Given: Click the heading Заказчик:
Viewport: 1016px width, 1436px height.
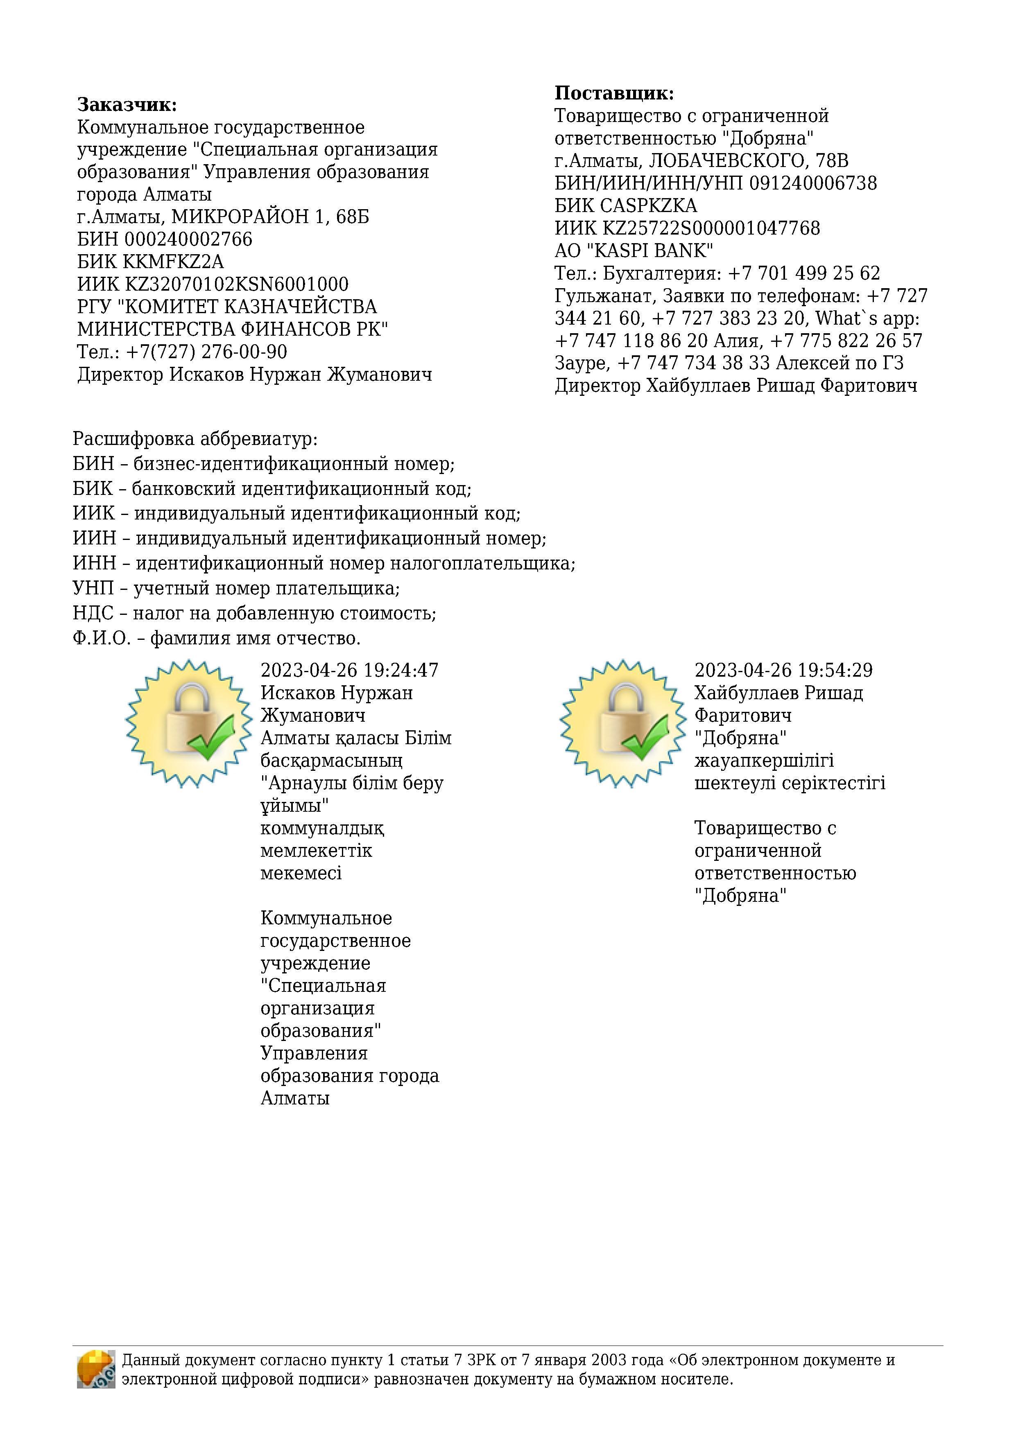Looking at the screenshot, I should pos(127,104).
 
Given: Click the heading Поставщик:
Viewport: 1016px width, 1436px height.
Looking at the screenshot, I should pos(614,93).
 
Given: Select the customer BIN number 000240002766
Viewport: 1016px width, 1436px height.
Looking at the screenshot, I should pos(188,239).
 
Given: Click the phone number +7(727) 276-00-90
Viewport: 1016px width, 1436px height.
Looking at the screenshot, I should pos(206,352).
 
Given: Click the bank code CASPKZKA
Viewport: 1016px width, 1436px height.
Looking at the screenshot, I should pos(648,206).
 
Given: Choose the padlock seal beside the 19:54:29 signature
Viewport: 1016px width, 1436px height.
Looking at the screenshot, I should pos(622,723).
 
